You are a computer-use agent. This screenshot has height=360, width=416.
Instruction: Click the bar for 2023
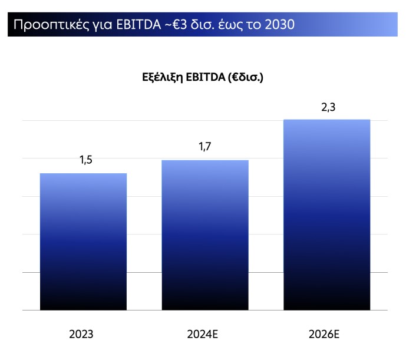coord(83,242)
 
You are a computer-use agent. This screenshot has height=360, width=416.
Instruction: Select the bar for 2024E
coord(205,235)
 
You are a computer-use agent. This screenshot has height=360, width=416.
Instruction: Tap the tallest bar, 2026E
coord(326,214)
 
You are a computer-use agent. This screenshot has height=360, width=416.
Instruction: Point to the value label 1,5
coord(86,160)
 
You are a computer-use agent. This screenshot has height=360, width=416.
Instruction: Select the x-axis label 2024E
coord(203,335)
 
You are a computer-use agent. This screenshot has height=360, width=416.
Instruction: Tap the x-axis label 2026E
coord(324,335)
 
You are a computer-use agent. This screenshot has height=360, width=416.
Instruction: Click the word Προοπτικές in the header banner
coord(47,25)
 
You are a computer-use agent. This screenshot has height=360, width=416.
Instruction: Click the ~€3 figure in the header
coord(173,25)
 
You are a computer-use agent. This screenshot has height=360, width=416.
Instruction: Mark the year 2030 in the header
coord(279,25)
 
